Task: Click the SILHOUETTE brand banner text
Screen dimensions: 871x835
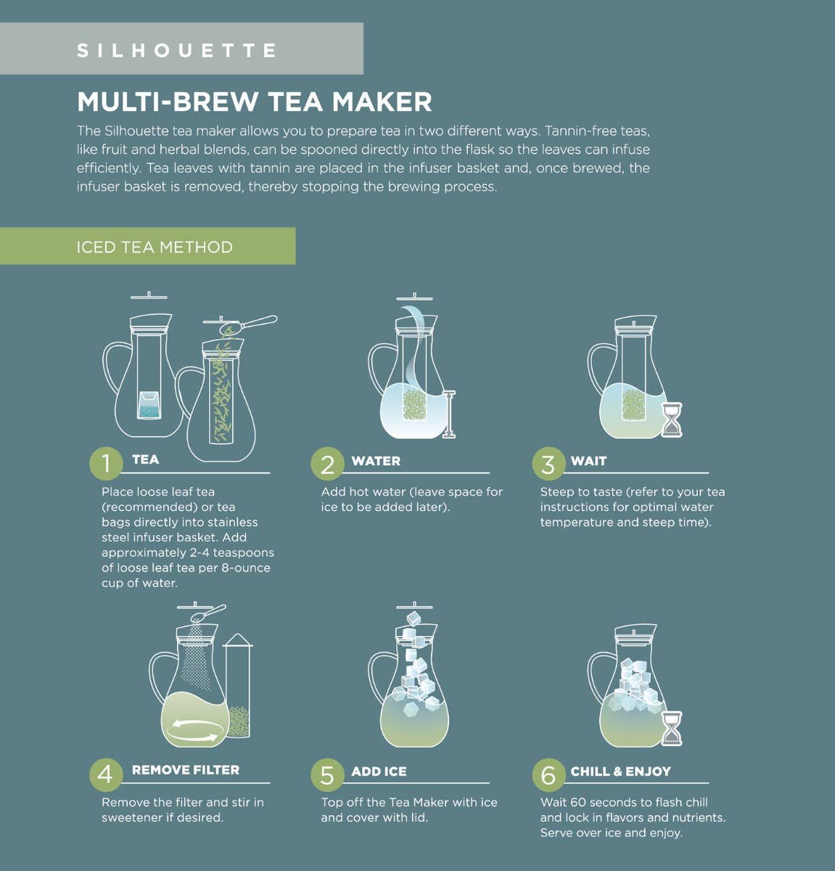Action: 177,50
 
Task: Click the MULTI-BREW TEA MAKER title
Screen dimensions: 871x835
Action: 254,102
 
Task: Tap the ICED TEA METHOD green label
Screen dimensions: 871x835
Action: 154,247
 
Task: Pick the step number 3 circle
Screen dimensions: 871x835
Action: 548,464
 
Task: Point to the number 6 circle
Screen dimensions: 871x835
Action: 548,774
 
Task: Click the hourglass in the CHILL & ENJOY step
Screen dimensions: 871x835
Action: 672,729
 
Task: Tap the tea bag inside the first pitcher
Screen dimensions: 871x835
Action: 150,404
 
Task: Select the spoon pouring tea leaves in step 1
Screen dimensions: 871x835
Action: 250,324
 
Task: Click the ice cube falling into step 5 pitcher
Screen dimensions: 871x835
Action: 414,618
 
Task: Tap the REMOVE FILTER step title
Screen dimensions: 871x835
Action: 185,770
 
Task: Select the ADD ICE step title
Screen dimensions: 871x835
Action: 379,772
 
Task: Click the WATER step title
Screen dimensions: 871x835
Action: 375,461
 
